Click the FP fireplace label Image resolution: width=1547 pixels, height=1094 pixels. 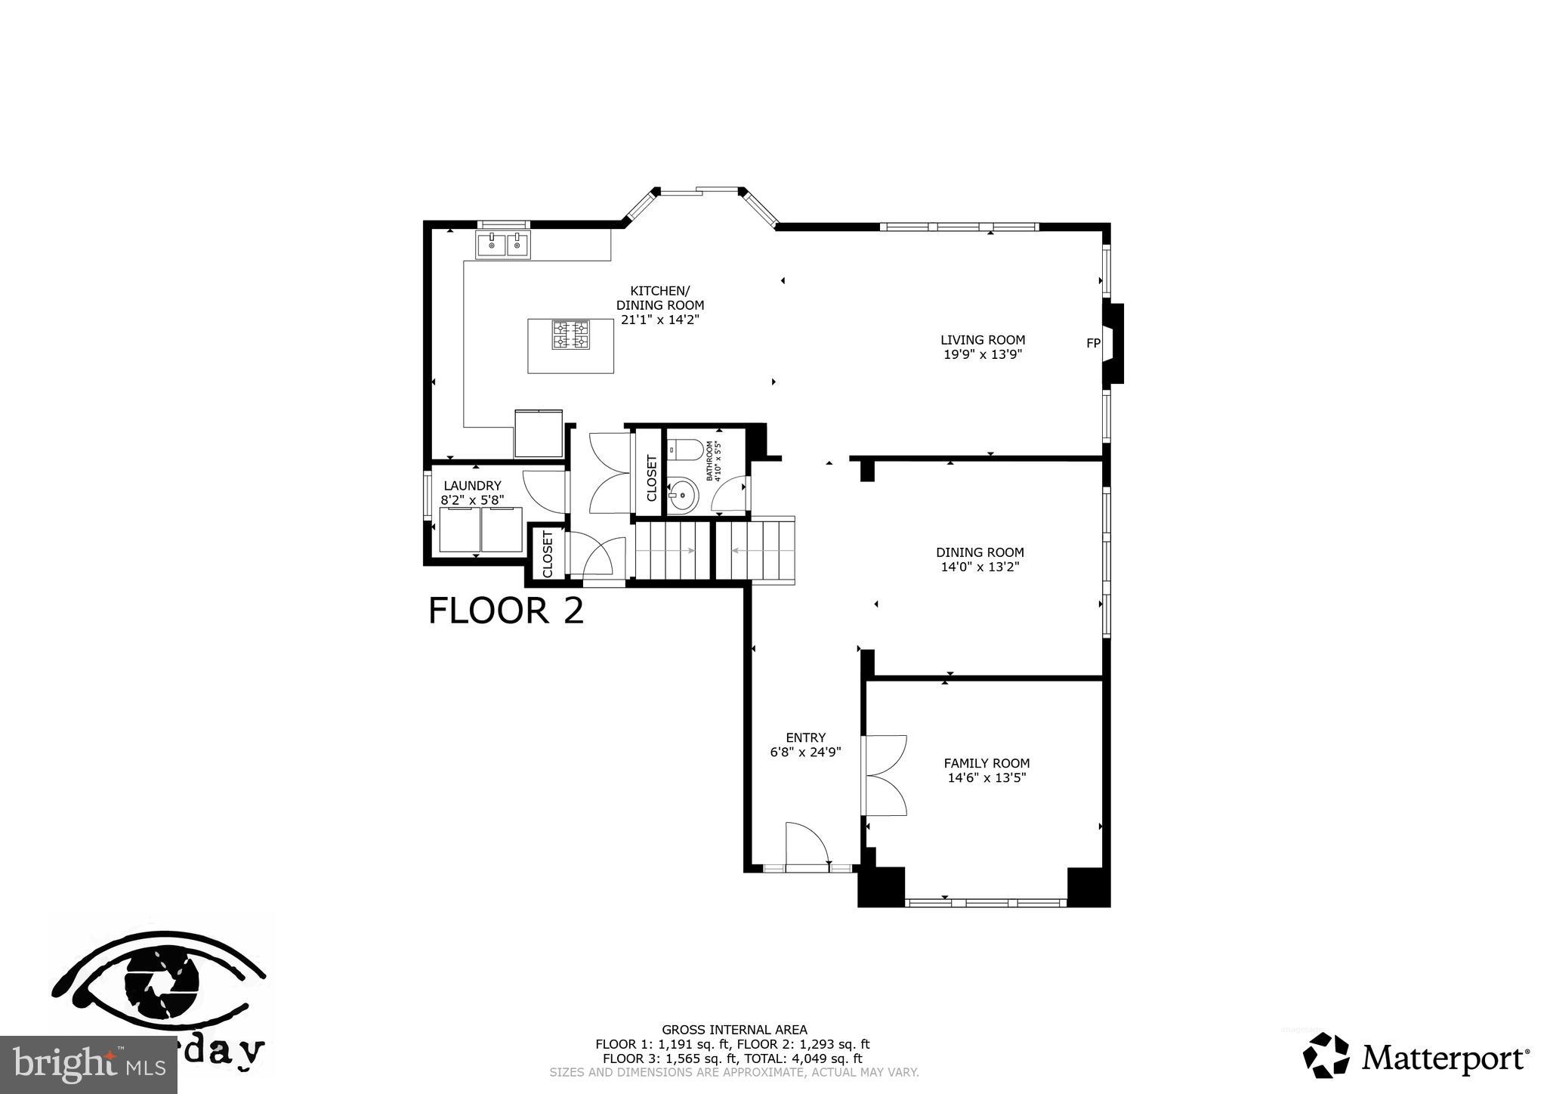point(1092,343)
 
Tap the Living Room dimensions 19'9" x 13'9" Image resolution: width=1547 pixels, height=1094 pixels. point(983,354)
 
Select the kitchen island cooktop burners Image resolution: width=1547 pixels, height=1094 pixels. point(570,335)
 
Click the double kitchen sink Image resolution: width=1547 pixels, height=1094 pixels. point(503,244)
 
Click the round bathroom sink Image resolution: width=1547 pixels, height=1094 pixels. point(684,496)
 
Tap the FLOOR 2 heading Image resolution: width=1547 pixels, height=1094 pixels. point(505,610)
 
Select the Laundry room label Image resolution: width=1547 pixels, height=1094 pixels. point(472,486)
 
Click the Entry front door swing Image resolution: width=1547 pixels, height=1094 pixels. point(805,842)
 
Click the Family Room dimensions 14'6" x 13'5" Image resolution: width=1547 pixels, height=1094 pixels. point(987,777)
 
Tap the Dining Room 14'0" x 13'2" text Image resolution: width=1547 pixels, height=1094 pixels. point(980,567)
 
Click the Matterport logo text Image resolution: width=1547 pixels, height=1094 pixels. point(1445,1058)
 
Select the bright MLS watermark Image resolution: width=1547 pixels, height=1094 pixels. point(88,1065)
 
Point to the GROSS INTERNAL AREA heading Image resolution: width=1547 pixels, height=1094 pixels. point(734,1029)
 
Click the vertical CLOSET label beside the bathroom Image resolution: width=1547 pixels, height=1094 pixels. point(651,477)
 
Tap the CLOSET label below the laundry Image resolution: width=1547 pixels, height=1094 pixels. point(548,553)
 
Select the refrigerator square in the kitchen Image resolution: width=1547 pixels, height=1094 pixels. point(539,434)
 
